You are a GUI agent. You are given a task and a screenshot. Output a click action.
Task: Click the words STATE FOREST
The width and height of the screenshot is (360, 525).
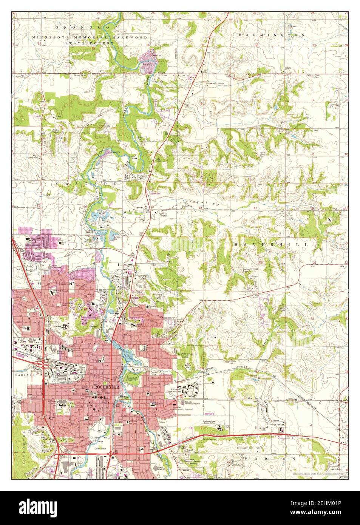[x=89, y=44]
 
